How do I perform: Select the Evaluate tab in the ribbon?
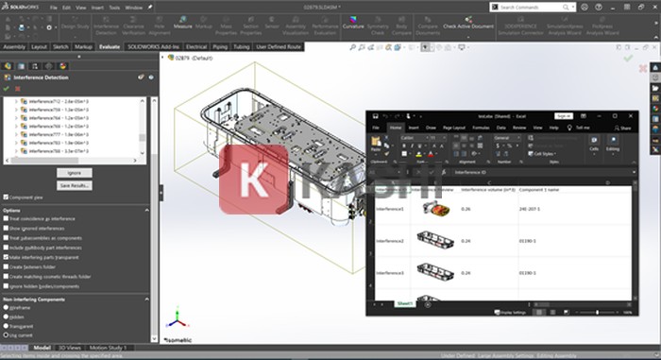coord(109,45)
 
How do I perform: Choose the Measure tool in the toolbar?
coord(182,27)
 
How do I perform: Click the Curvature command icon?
coord(353,27)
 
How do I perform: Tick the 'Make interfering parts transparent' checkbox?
coord(5,256)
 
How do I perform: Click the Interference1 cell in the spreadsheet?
coord(390,208)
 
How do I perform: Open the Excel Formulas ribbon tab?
coord(481,127)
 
